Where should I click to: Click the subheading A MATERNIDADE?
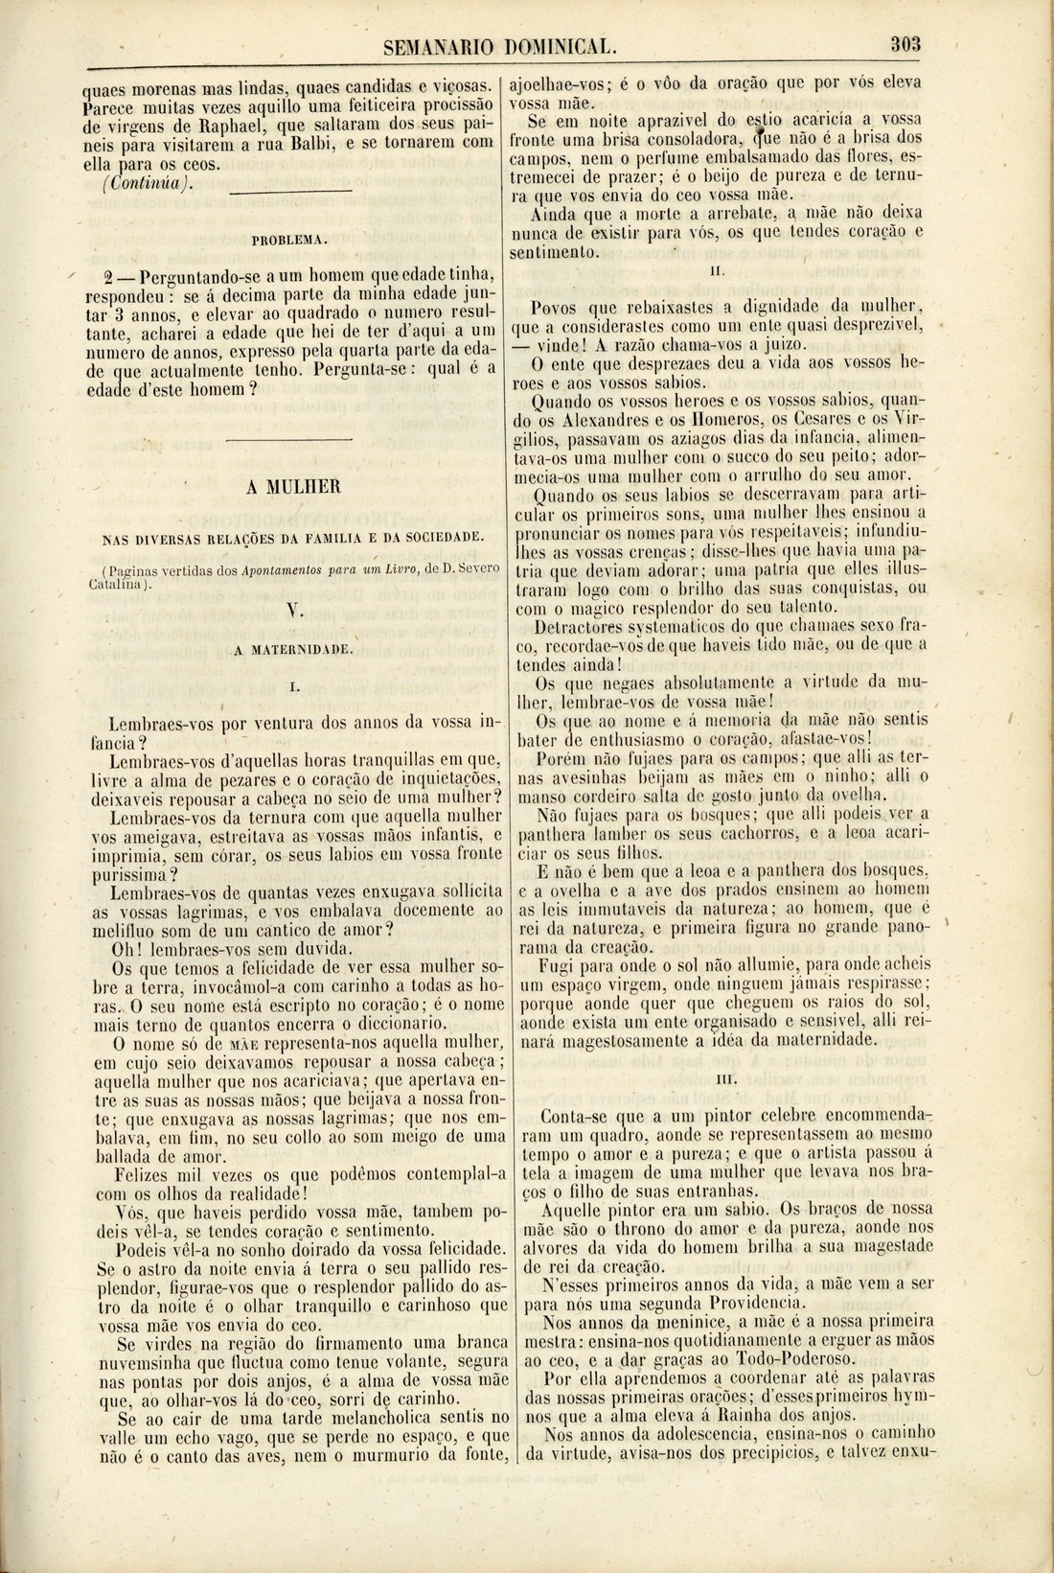coord(294,649)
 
